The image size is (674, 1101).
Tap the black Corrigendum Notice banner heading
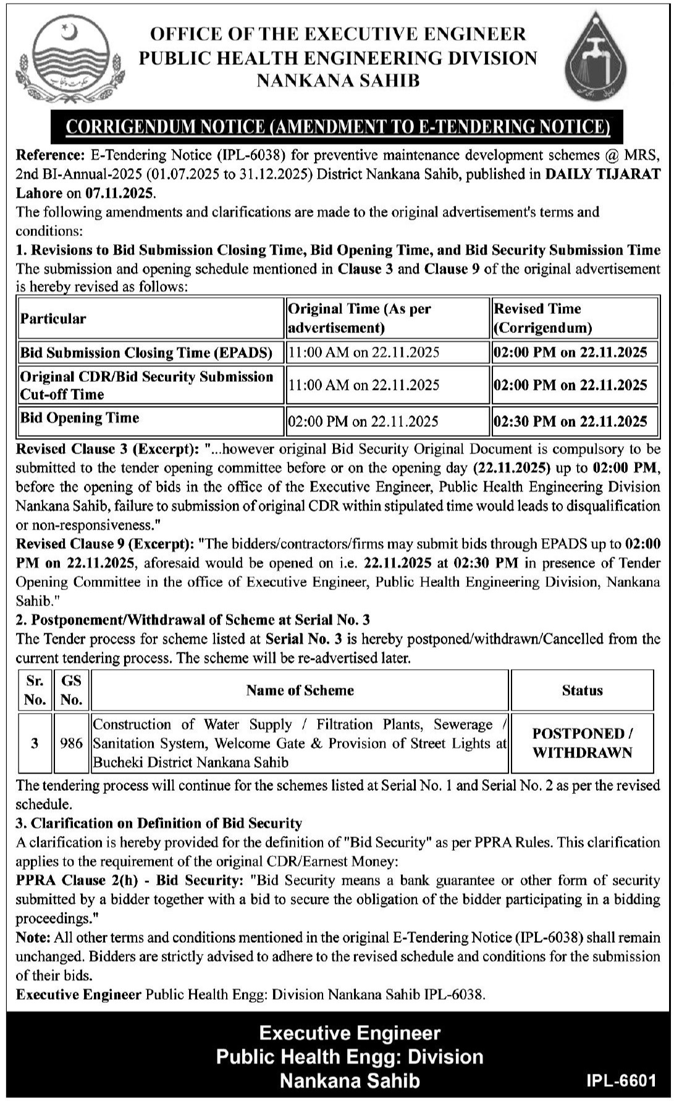coord(337,127)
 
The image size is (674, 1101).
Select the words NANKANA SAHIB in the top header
coord(337,80)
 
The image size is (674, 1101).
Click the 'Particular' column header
coord(53,319)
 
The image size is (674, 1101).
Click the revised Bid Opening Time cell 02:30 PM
coord(570,421)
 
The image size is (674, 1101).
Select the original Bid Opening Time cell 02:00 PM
coord(363,421)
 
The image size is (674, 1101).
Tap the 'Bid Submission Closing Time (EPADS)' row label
coord(146,353)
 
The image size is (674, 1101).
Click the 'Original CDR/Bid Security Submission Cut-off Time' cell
coord(146,385)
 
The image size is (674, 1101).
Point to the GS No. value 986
coord(72,743)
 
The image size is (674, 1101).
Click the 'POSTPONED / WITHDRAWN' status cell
coord(582,743)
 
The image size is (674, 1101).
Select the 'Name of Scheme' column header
coord(300,690)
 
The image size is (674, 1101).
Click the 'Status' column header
coord(582,690)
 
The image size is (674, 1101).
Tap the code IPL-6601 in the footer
coord(620,1080)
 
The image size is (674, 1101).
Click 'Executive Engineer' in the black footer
coord(350,1033)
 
